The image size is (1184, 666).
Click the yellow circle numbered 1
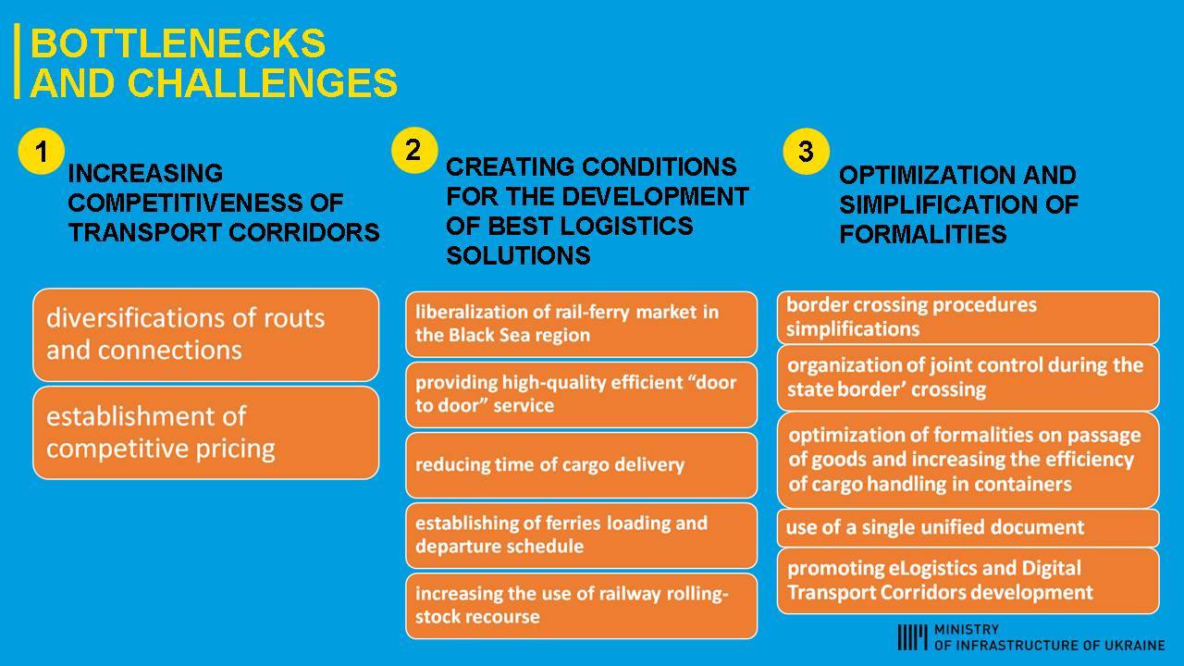tap(41, 151)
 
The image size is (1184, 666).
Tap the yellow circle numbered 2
tap(413, 150)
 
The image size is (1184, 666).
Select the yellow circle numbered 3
tap(806, 151)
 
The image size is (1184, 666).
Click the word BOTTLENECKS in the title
tap(178, 43)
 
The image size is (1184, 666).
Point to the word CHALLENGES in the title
tap(263, 82)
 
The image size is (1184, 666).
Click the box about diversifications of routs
tap(205, 334)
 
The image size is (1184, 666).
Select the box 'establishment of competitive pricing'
tap(205, 432)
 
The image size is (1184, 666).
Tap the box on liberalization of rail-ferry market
tap(581, 324)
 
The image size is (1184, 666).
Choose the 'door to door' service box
tap(581, 394)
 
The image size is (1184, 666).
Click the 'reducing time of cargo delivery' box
tap(581, 464)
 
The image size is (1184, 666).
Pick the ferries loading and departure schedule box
tap(581, 535)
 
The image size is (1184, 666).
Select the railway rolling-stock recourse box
tap(581, 605)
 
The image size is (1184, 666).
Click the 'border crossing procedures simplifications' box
tap(968, 317)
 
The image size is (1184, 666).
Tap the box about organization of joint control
tap(968, 377)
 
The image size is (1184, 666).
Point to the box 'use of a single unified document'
tap(968, 527)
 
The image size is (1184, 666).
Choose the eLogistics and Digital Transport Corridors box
tap(968, 580)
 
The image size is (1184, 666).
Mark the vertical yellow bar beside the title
tap(17, 61)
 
